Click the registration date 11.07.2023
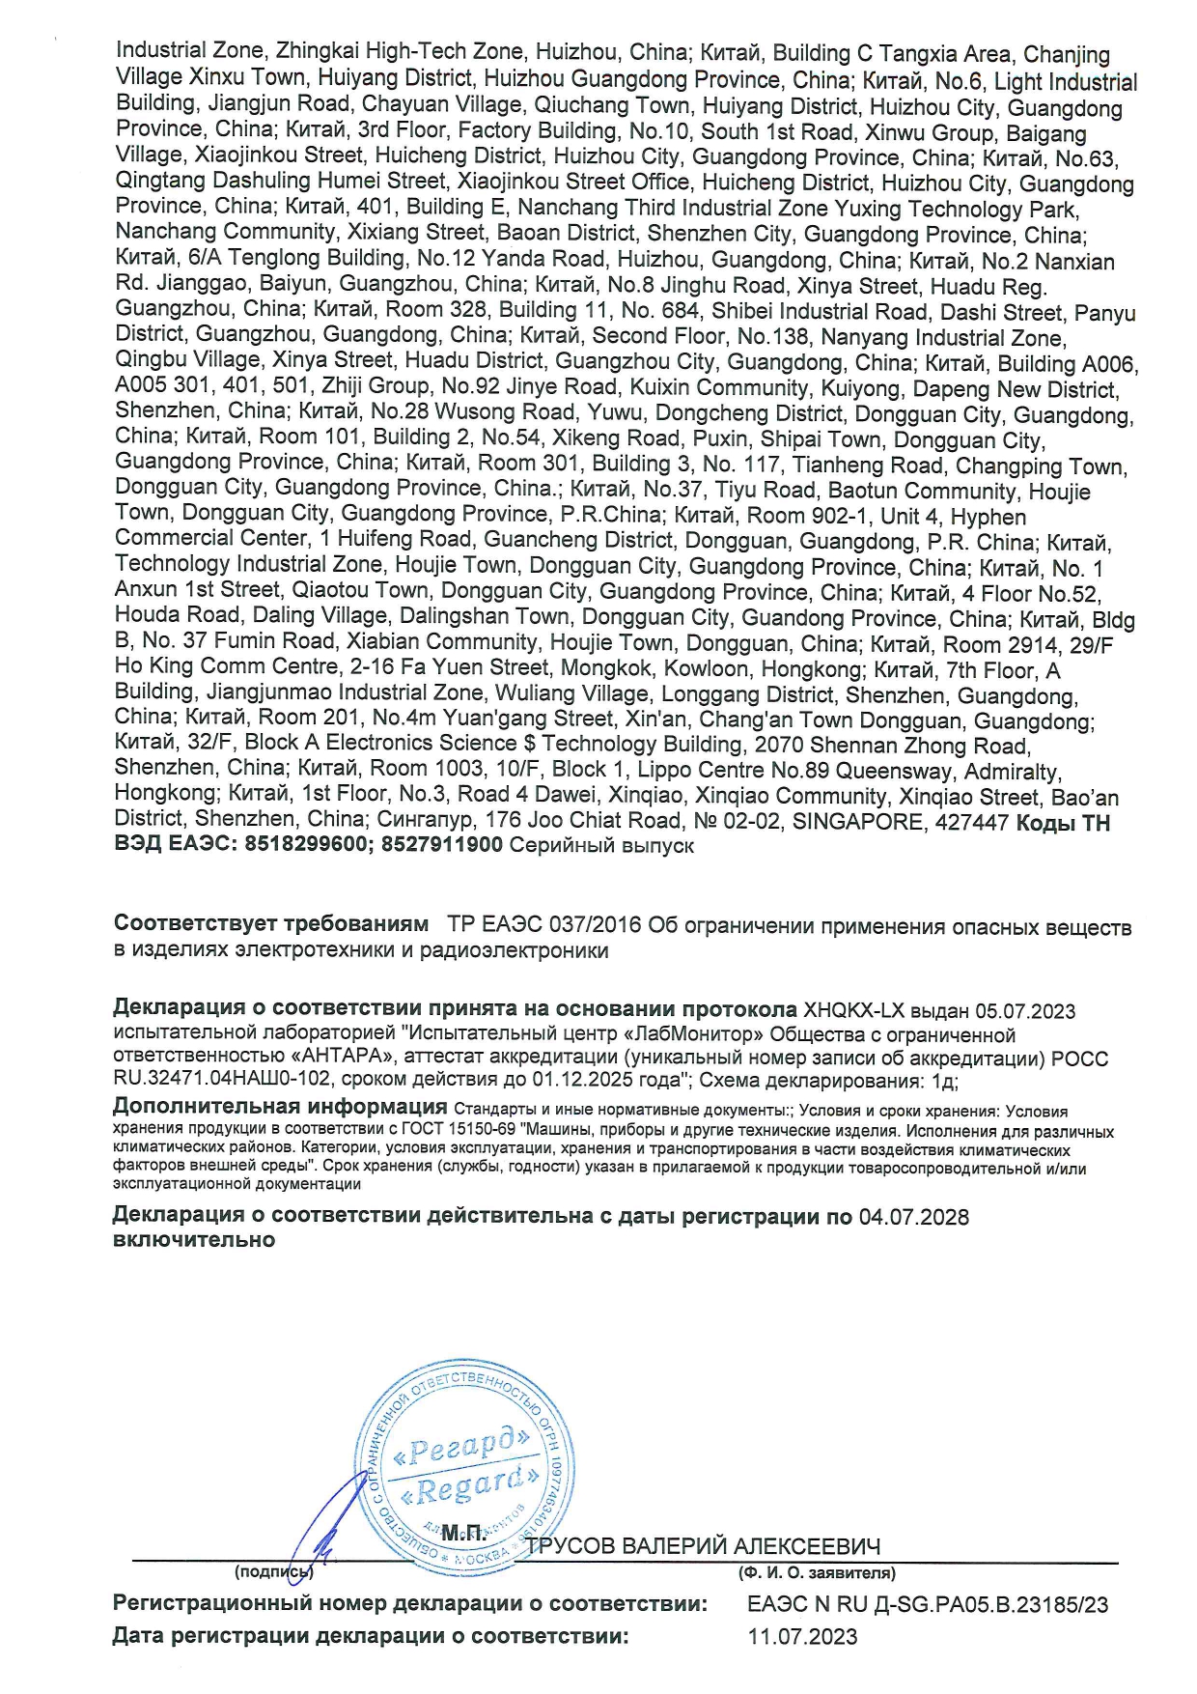pyautogui.click(x=802, y=1636)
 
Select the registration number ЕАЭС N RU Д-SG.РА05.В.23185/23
pyautogui.click(x=928, y=1604)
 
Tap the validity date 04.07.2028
pyautogui.click(x=913, y=1217)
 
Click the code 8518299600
pyautogui.click(x=305, y=845)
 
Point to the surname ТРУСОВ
pyautogui.click(x=571, y=1546)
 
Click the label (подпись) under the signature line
pyautogui.click(x=273, y=1572)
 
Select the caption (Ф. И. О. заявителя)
pyautogui.click(x=817, y=1572)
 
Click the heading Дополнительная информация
pyautogui.click(x=280, y=1107)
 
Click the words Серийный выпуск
pyautogui.click(x=601, y=845)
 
